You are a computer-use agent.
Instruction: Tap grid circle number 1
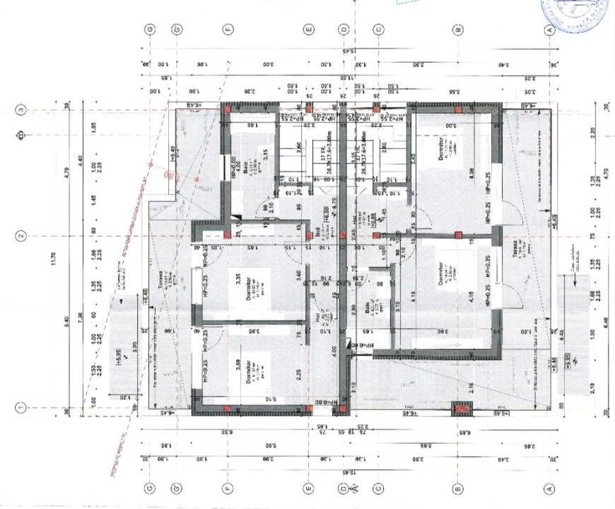tap(21, 407)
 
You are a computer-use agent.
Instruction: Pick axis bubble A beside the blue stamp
tap(549, 29)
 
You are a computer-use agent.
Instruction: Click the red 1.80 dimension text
tap(169, 174)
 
